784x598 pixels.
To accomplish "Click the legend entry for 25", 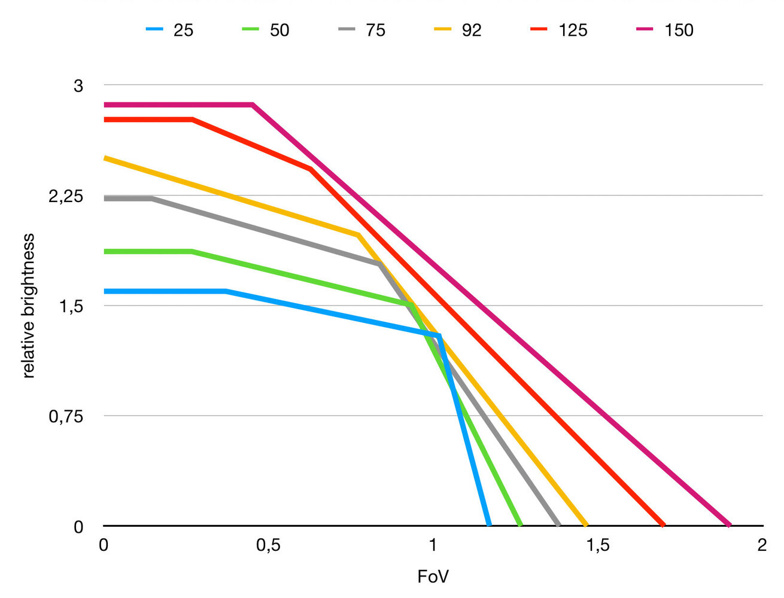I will click(171, 29).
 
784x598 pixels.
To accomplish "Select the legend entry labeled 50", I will click(267, 29).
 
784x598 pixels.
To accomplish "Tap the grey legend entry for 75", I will click(363, 29).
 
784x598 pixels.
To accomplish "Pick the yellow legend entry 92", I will click(459, 29).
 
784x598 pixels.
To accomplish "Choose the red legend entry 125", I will click(560, 29).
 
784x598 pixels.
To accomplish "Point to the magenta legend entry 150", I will click(666, 29).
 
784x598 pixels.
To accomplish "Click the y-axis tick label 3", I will click(78, 86).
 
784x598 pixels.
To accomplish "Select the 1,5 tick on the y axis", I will click(71, 306).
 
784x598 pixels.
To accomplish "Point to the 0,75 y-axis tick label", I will click(66, 416).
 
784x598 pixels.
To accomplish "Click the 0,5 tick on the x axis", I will click(268, 545).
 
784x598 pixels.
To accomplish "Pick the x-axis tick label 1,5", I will click(597, 545).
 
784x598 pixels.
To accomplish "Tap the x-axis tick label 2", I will click(762, 545).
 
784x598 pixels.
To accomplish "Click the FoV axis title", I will click(433, 577).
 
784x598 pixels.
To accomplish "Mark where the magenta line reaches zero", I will click(729, 526).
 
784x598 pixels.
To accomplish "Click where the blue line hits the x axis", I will click(489, 526).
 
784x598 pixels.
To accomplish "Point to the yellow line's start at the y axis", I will click(105, 158).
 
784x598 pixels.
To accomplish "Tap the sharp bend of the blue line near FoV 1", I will click(439, 336).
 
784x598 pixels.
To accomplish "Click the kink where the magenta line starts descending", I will click(253, 105).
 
